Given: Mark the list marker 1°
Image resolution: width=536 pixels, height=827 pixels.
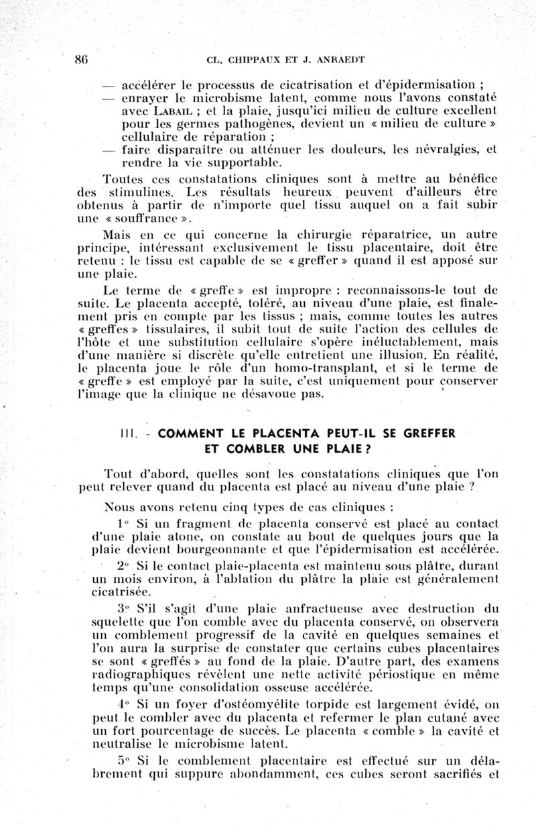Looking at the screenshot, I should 122,523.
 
